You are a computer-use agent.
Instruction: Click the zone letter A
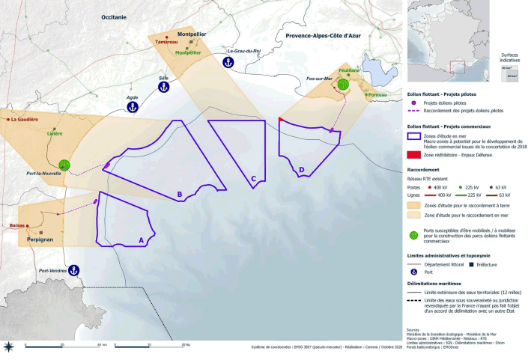142,241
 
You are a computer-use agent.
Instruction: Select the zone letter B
180,196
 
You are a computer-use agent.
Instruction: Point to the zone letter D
301,170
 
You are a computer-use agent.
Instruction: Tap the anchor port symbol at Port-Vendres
73,270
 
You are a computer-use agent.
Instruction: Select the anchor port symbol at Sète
163,88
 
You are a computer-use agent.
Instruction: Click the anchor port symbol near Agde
131,107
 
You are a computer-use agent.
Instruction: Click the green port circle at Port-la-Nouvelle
64,165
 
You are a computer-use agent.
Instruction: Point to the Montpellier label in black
192,34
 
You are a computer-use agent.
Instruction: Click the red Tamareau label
166,42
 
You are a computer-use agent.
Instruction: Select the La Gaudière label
25,118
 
